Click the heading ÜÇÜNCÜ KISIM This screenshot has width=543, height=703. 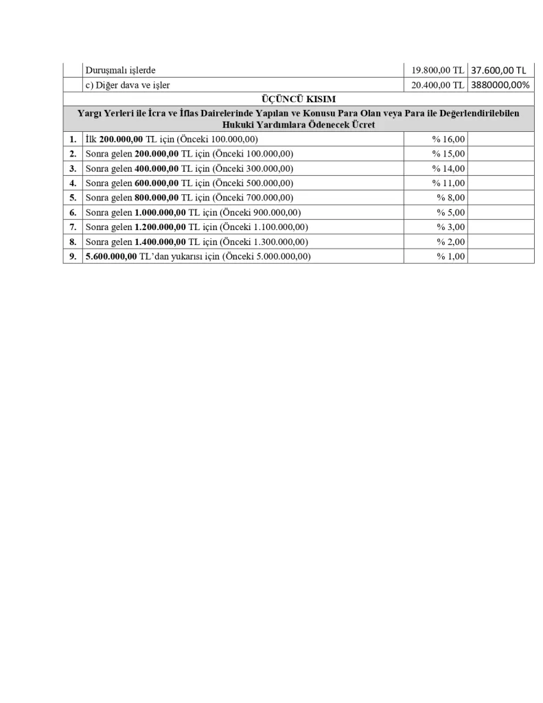[299, 99]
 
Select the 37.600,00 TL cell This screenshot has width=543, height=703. [498, 70]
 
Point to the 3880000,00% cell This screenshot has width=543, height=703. [500, 84]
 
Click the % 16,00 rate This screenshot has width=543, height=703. [448, 139]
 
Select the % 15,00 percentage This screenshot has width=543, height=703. [448, 154]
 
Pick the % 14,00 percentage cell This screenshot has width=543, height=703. [448, 168]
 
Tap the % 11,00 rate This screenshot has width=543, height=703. [448, 183]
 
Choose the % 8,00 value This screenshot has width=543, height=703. [451, 198]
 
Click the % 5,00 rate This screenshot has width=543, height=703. [451, 212]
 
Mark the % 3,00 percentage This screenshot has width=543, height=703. [451, 227]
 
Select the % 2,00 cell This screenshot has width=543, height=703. [451, 242]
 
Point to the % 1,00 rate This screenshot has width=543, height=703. [451, 256]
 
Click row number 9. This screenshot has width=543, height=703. [72, 256]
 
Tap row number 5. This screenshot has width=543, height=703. [72, 198]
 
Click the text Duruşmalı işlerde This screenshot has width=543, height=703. [121, 70]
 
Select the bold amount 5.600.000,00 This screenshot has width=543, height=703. [111, 256]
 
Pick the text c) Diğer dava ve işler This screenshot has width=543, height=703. [128, 84]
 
